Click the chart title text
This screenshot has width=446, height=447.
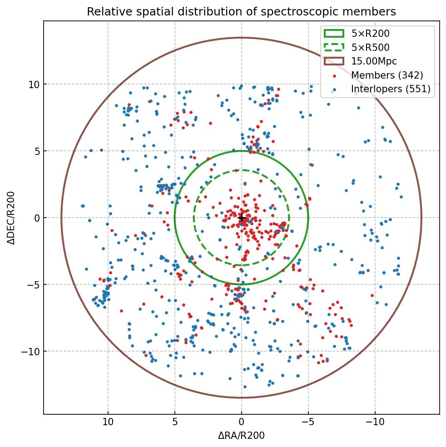(241, 11)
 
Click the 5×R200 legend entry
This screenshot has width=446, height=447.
(370, 33)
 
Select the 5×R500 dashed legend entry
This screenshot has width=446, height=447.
(370, 47)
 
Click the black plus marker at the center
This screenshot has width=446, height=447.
(242, 219)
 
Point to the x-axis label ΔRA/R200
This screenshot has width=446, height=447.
(241, 436)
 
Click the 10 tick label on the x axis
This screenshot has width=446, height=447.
(108, 422)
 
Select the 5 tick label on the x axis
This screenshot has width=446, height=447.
(175, 422)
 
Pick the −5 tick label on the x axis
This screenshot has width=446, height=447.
(308, 422)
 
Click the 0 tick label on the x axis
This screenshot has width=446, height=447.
(242, 422)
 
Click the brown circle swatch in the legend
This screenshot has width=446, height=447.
(334, 61)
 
